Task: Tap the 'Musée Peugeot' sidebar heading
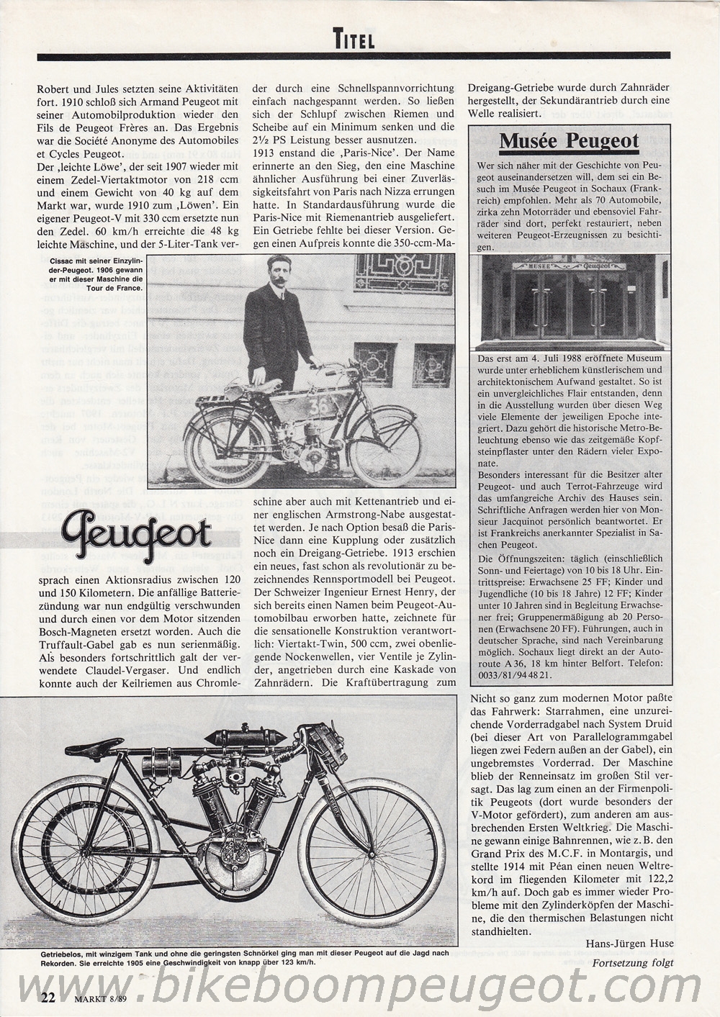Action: pyautogui.click(x=569, y=140)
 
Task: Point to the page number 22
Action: pyautogui.click(x=48, y=996)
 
